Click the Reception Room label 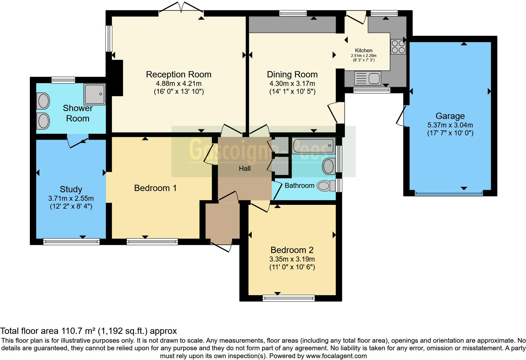click(179, 75)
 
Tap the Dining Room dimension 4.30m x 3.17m click(292, 84)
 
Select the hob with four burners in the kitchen click(398, 47)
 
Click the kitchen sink click(367, 78)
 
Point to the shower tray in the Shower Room click(95, 94)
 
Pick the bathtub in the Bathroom click(314, 146)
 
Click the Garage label click(450, 116)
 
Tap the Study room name click(71, 189)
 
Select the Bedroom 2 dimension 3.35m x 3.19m click(292, 259)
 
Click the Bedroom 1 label click(155, 188)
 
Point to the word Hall click(245, 168)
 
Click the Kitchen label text click(363, 50)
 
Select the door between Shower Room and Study click(78, 141)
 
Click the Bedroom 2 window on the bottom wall click(288, 298)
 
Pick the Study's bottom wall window click(71, 242)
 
